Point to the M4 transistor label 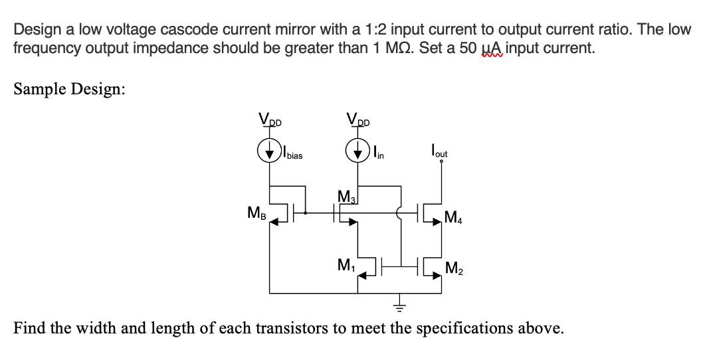tap(455, 216)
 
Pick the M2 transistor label tap(455, 268)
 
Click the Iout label tap(439, 153)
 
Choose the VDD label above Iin tap(359, 121)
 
